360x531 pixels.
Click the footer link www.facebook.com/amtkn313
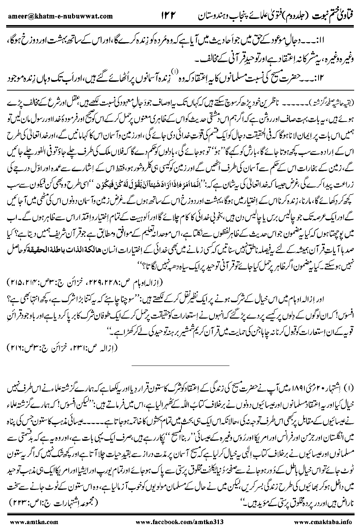[x=182, y=522]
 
